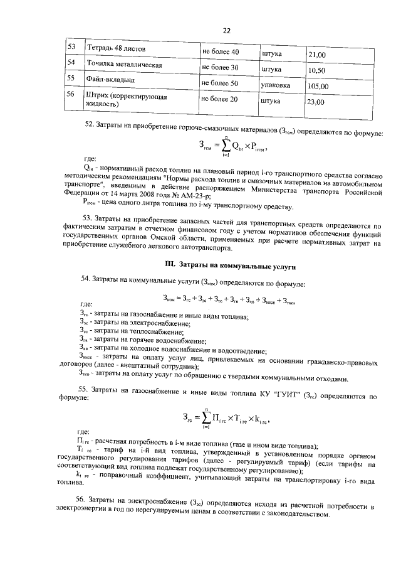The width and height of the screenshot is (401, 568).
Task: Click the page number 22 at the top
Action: click(x=226, y=30)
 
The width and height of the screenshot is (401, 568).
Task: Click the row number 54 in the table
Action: click(x=71, y=63)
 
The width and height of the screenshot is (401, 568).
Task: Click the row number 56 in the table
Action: click(x=71, y=94)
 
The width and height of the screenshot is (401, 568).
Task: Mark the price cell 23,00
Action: click(x=317, y=102)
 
